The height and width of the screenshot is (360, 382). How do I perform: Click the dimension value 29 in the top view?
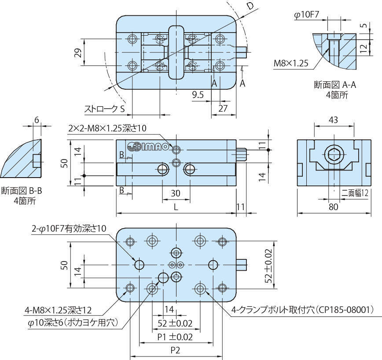(x=78, y=53)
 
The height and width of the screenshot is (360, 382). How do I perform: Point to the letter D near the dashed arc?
(x=250, y=6)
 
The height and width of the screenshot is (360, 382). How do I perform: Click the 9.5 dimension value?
(x=198, y=94)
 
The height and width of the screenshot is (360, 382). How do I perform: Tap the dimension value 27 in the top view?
(x=223, y=108)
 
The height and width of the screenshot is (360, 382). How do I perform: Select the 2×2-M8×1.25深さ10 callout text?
(x=107, y=128)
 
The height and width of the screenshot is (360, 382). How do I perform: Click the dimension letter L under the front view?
(x=176, y=207)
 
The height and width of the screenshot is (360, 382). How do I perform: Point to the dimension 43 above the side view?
(x=334, y=120)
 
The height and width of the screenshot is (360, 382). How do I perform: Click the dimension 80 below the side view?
(x=334, y=207)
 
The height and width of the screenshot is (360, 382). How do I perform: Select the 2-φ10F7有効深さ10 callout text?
(x=69, y=229)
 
